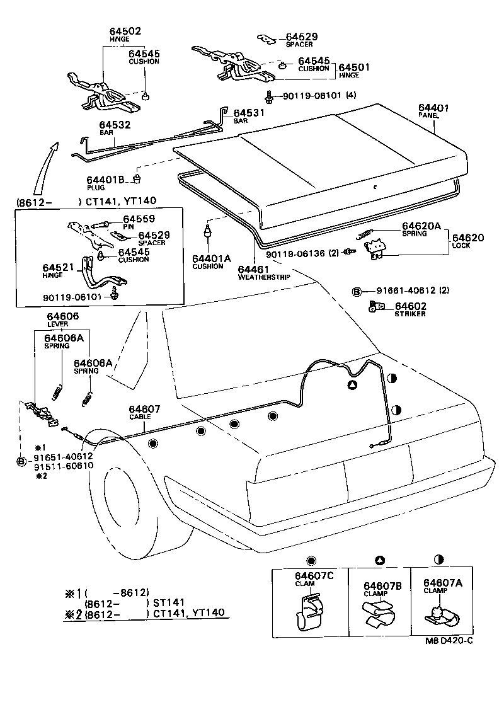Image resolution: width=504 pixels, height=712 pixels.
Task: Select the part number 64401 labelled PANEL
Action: click(x=433, y=108)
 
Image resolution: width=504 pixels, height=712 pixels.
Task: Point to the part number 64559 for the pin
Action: click(x=132, y=219)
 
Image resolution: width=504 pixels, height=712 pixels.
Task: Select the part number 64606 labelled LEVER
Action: click(x=62, y=316)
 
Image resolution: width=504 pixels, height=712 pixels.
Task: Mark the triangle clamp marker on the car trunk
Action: click(x=353, y=385)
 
